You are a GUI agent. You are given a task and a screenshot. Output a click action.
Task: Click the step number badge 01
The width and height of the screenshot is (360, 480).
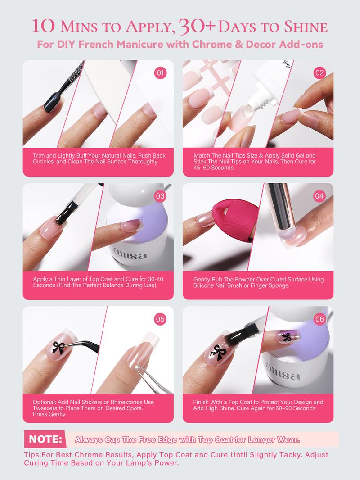point(160,73)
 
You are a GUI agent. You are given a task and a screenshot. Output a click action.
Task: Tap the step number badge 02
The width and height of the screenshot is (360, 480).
point(319,73)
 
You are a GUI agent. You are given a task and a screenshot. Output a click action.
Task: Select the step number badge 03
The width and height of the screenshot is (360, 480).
point(160,196)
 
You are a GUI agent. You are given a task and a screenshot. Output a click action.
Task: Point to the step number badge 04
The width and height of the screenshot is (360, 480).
point(319,196)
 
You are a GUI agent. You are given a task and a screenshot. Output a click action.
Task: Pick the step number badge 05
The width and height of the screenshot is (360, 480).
point(160,319)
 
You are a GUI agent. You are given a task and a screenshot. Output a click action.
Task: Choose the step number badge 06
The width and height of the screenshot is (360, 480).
point(319,319)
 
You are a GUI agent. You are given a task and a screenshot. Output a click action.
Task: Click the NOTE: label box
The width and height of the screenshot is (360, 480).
point(45,439)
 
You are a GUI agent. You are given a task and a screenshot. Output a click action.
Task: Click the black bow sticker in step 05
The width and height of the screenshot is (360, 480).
point(58,348)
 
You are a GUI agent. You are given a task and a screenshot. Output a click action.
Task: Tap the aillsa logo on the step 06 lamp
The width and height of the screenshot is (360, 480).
point(283,372)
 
